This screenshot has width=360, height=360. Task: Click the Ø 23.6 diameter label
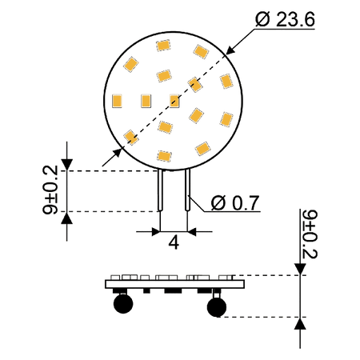tap(285, 19)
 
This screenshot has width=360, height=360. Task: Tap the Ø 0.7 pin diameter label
tap(235, 203)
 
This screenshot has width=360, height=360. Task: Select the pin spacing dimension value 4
tap(174, 243)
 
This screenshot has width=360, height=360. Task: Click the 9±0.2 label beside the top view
tap(50, 190)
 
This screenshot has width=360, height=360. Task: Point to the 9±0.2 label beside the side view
tap(310, 234)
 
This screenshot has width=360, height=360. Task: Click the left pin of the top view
tap(160, 190)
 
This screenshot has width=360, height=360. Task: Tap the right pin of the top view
tap(187, 190)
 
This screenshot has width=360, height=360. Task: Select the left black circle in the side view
tap(123, 303)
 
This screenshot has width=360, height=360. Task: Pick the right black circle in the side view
tap(217, 307)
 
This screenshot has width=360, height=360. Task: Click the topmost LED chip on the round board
tap(163, 46)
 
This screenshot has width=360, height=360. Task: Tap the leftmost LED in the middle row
tap(117, 101)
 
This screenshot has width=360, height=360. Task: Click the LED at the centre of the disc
tap(174, 101)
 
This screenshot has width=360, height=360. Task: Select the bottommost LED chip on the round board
tap(164, 156)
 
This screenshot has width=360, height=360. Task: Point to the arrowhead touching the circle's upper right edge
tap(230, 50)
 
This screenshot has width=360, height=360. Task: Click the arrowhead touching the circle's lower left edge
tap(118, 154)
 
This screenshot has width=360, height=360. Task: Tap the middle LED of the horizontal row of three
tap(146, 101)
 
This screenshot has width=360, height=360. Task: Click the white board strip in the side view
tap(175, 284)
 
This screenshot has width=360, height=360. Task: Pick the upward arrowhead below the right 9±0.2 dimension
tap(300, 323)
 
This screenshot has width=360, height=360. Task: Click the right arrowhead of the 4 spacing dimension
tap(192, 232)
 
